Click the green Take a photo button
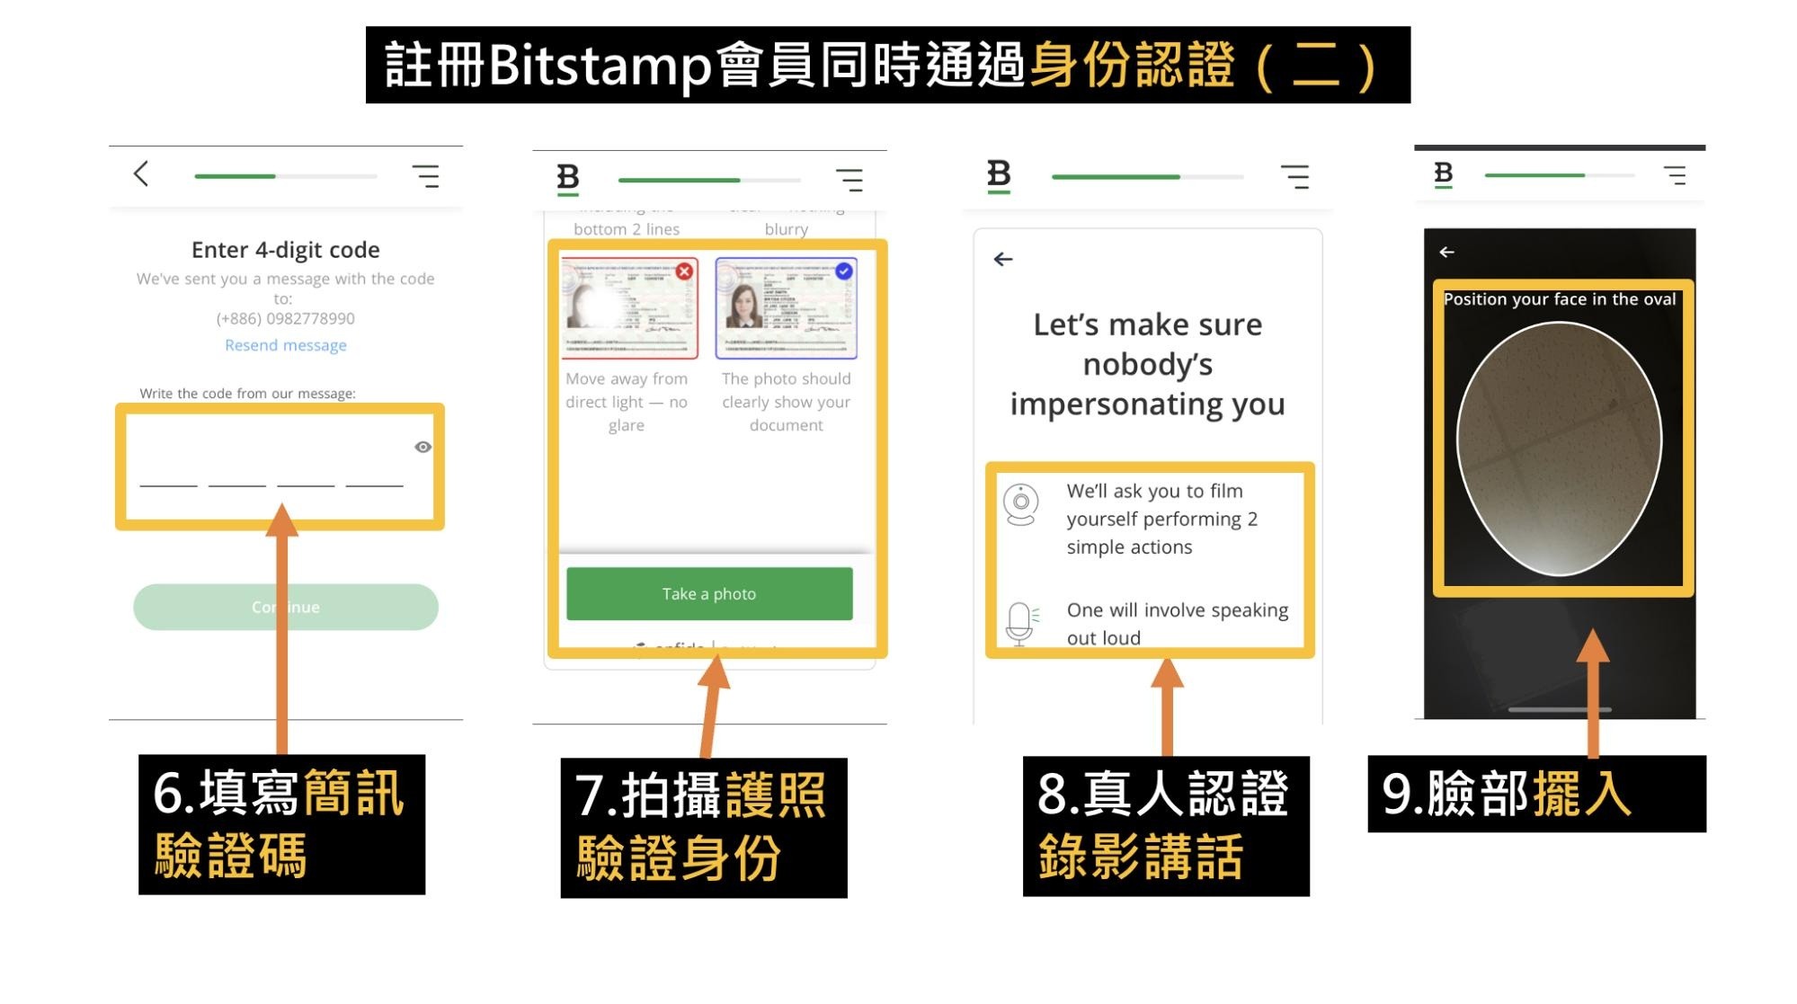(x=708, y=593)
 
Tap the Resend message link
(x=285, y=345)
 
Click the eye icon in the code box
(x=423, y=447)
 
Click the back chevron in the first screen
(x=141, y=173)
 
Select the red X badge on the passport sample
(x=684, y=271)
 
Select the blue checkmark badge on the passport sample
(x=843, y=271)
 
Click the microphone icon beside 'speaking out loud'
(x=1019, y=622)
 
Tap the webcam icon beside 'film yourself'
(x=1021, y=504)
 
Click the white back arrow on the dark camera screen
(x=1446, y=253)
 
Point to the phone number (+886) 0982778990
(x=285, y=318)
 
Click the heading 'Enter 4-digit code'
(x=285, y=249)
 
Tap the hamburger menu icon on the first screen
(x=426, y=175)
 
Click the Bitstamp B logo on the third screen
(x=999, y=174)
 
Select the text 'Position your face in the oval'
(x=1559, y=299)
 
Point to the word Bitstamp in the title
(x=600, y=66)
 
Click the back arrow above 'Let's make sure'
(x=1003, y=260)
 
